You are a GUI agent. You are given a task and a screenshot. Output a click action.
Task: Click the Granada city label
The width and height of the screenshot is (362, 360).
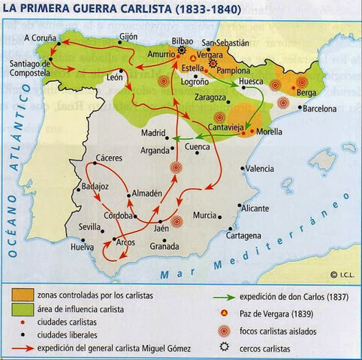point(164,246)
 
